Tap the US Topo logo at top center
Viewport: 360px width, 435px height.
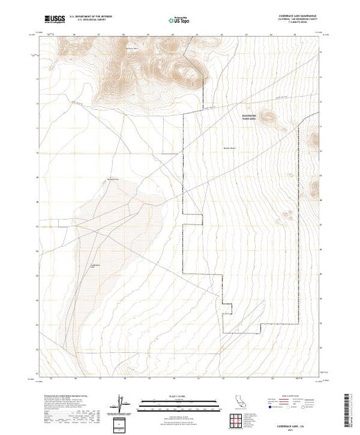coord(180,21)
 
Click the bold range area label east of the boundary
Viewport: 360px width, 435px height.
coord(249,117)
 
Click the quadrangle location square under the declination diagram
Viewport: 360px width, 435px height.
coord(120,423)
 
